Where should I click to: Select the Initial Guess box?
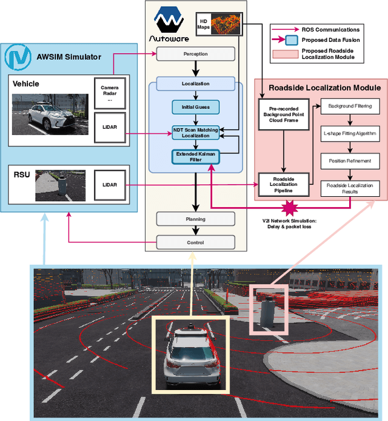click(195, 108)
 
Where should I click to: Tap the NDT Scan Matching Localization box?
click(195, 132)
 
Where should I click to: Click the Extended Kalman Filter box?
click(195, 156)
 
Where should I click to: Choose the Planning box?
click(195, 219)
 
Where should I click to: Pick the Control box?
click(195, 242)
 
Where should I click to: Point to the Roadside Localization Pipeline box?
click(284, 183)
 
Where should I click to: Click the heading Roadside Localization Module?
click(321, 87)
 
